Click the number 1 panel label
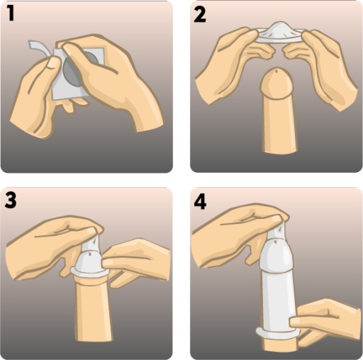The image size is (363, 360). click(x=11, y=13)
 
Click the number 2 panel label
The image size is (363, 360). click(x=200, y=14)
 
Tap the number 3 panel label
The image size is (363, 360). click(x=11, y=201)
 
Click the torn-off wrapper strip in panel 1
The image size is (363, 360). click(x=38, y=49)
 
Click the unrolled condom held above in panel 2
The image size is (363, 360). click(x=280, y=33)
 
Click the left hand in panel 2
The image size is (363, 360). click(x=234, y=64)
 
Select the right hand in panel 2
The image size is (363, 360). click(x=321, y=69)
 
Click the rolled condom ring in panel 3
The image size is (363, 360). click(x=90, y=273)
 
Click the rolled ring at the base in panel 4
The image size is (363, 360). click(x=278, y=334)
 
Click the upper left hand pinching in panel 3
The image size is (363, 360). click(x=52, y=246)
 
